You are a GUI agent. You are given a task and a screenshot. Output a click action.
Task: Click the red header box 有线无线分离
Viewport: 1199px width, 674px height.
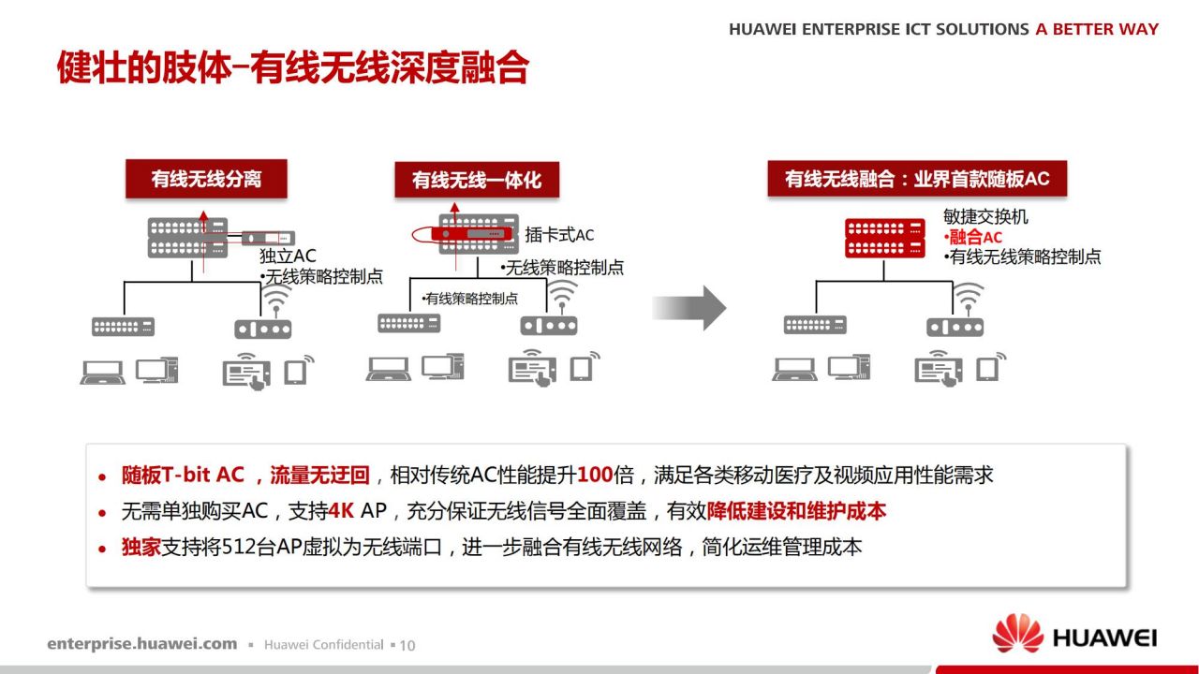[206, 179]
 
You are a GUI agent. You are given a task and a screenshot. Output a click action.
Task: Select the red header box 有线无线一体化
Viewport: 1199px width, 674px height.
[477, 180]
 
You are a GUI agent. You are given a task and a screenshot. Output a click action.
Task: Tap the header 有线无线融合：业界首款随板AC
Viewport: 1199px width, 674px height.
[917, 179]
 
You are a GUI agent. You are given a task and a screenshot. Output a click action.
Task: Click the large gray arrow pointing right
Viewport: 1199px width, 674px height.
[689, 308]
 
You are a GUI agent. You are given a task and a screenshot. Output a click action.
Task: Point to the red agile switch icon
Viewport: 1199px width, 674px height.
[885, 238]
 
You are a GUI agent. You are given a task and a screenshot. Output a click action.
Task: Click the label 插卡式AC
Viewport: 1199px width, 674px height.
[559, 235]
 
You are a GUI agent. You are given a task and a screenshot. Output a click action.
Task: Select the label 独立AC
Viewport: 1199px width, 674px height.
[288, 256]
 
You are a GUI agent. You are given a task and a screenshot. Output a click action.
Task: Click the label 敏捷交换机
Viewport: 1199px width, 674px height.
[985, 216]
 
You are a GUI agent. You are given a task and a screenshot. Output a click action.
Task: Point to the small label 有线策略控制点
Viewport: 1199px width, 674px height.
[471, 299]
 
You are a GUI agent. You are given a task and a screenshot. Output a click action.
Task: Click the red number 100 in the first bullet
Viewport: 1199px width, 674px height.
[595, 475]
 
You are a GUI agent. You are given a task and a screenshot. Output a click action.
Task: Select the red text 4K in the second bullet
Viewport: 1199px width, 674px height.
[341, 511]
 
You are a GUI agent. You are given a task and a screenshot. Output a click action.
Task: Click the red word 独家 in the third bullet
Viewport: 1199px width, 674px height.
[141, 548]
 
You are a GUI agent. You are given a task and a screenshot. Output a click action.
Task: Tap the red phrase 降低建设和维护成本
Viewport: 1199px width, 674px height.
[796, 511]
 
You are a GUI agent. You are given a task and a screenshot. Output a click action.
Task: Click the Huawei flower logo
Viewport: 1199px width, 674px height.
[1017, 634]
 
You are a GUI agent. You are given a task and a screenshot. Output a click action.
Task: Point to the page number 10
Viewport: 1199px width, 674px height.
[407, 646]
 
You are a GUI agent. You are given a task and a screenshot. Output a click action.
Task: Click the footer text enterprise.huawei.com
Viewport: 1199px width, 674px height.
[141, 644]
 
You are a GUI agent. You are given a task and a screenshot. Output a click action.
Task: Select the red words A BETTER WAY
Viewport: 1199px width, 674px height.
[1097, 29]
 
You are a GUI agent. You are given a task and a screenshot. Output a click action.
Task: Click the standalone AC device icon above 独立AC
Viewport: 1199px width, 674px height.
[268, 238]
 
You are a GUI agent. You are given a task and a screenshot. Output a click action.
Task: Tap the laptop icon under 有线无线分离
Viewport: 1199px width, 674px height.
[103, 373]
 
